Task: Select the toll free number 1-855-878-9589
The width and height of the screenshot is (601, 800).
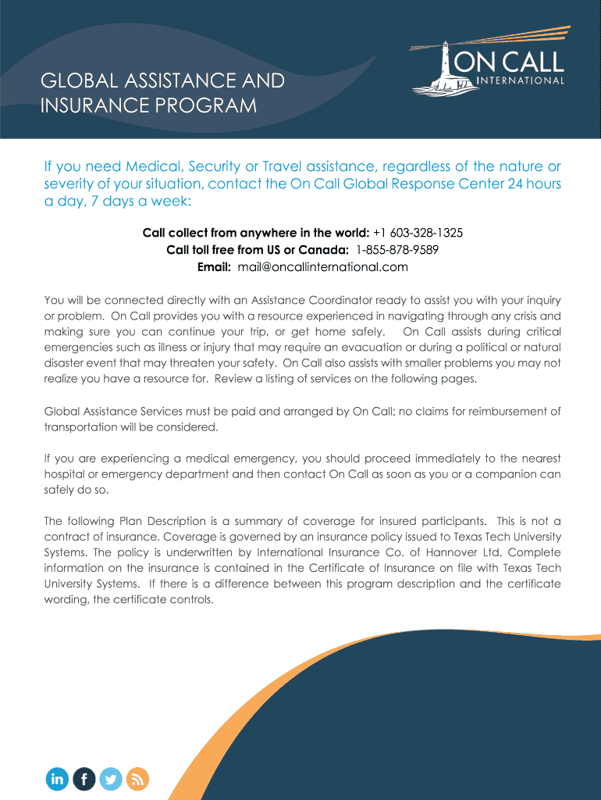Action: click(397, 250)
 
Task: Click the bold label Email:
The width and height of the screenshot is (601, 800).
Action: click(214, 267)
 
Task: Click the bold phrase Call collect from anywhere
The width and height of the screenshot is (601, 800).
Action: click(219, 233)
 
